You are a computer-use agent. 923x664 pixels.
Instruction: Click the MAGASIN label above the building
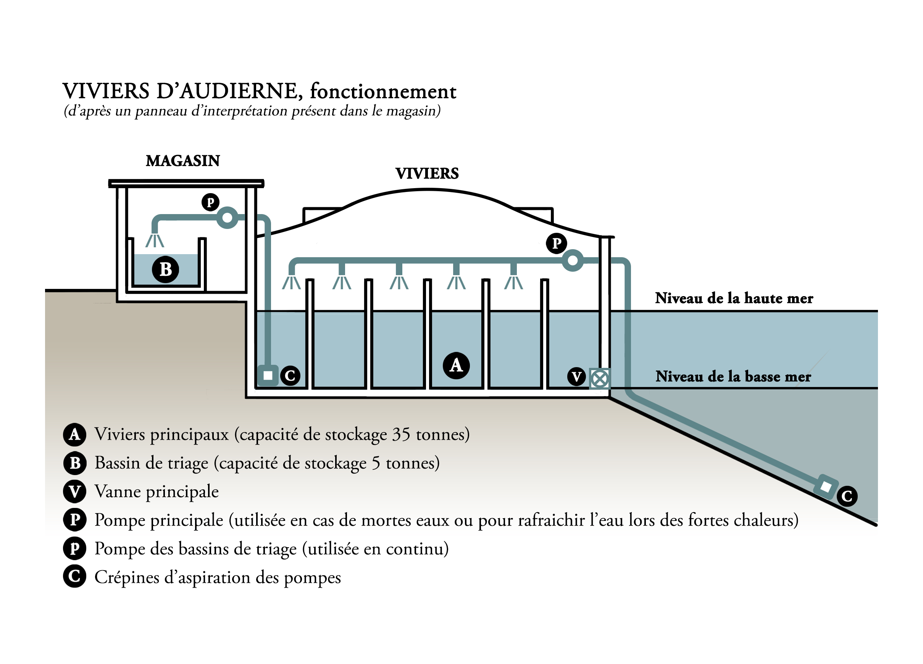[183, 161]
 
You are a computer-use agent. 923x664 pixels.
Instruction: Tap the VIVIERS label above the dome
[427, 174]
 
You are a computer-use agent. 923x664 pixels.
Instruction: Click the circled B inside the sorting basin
[165, 269]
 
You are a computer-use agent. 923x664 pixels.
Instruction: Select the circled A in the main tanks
[456, 365]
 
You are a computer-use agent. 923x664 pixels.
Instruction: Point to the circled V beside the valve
[576, 377]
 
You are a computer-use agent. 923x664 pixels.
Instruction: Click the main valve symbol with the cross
[599, 379]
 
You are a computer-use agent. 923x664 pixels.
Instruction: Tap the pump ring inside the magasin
[227, 218]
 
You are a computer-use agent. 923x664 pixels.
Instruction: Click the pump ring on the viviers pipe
[572, 261]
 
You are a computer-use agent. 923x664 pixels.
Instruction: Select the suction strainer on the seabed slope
[826, 487]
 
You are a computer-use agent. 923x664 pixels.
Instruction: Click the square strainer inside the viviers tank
[268, 376]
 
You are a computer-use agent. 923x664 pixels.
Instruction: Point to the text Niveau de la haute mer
[734, 298]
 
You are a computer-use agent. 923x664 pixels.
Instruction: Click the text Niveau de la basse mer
[733, 376]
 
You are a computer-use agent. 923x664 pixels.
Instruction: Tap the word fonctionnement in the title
[383, 92]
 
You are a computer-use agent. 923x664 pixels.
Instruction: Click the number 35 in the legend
[401, 435]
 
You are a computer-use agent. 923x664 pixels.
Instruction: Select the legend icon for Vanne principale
[74, 492]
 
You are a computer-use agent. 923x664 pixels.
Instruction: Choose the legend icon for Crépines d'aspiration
[74, 577]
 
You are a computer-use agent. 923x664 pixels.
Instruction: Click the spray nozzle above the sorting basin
[155, 240]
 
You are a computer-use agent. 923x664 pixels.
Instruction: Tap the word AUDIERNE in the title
[239, 91]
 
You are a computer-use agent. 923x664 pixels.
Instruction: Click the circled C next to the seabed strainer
[847, 496]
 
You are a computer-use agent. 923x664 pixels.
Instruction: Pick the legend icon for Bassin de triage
[74, 463]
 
